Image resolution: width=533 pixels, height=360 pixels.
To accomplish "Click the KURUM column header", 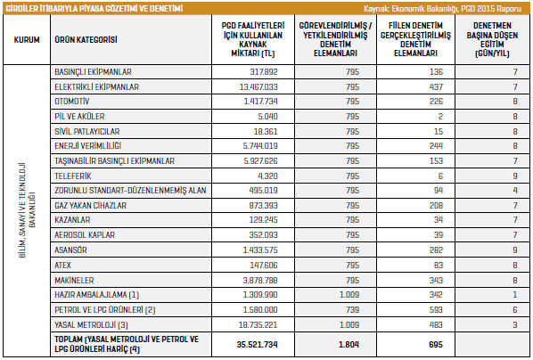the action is click(x=27, y=40).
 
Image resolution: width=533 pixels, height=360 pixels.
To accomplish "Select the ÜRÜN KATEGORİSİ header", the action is click(x=86, y=40).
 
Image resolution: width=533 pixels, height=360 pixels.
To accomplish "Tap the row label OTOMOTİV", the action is click(x=71, y=102).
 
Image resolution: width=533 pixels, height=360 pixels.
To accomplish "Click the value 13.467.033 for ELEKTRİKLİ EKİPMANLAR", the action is click(x=258, y=86).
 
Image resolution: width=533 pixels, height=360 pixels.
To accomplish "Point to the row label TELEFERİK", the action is click(x=73, y=176).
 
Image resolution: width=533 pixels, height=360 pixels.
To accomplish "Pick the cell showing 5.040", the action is click(x=267, y=116).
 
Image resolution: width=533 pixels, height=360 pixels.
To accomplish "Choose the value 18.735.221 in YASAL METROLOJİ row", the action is click(x=258, y=324).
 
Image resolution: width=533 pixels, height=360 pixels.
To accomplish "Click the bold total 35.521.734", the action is click(x=257, y=344).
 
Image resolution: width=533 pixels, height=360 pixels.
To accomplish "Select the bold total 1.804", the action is click(x=348, y=344).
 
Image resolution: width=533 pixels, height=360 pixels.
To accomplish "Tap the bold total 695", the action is click(x=436, y=344).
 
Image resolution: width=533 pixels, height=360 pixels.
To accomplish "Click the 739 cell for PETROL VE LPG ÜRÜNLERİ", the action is click(x=352, y=310).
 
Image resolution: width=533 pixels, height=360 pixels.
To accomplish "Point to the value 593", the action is click(x=436, y=310).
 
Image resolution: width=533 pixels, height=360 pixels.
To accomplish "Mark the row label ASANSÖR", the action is click(x=70, y=250).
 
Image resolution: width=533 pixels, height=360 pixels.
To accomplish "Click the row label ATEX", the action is click(x=63, y=265).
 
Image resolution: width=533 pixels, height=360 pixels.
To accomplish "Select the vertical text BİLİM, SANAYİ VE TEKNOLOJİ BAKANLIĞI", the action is click(x=28, y=210).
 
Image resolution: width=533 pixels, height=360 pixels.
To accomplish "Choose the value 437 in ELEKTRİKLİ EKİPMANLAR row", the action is click(x=436, y=86).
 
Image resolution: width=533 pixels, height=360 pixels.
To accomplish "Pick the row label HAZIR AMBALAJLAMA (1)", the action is click(x=97, y=294).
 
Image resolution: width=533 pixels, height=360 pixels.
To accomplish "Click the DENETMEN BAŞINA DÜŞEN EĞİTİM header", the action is click(x=492, y=39).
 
